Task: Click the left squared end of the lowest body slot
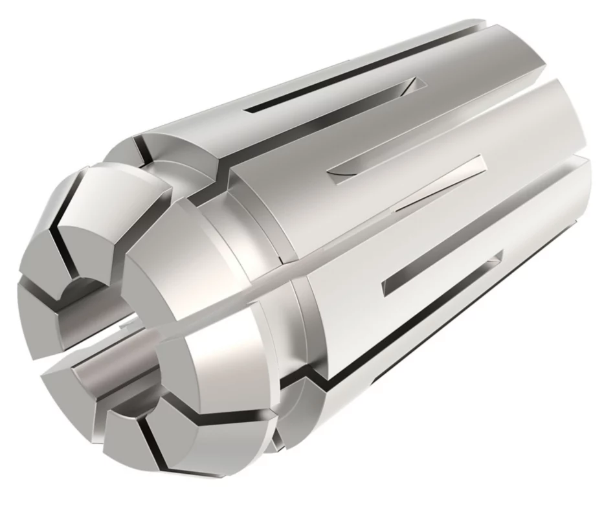(386, 285)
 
